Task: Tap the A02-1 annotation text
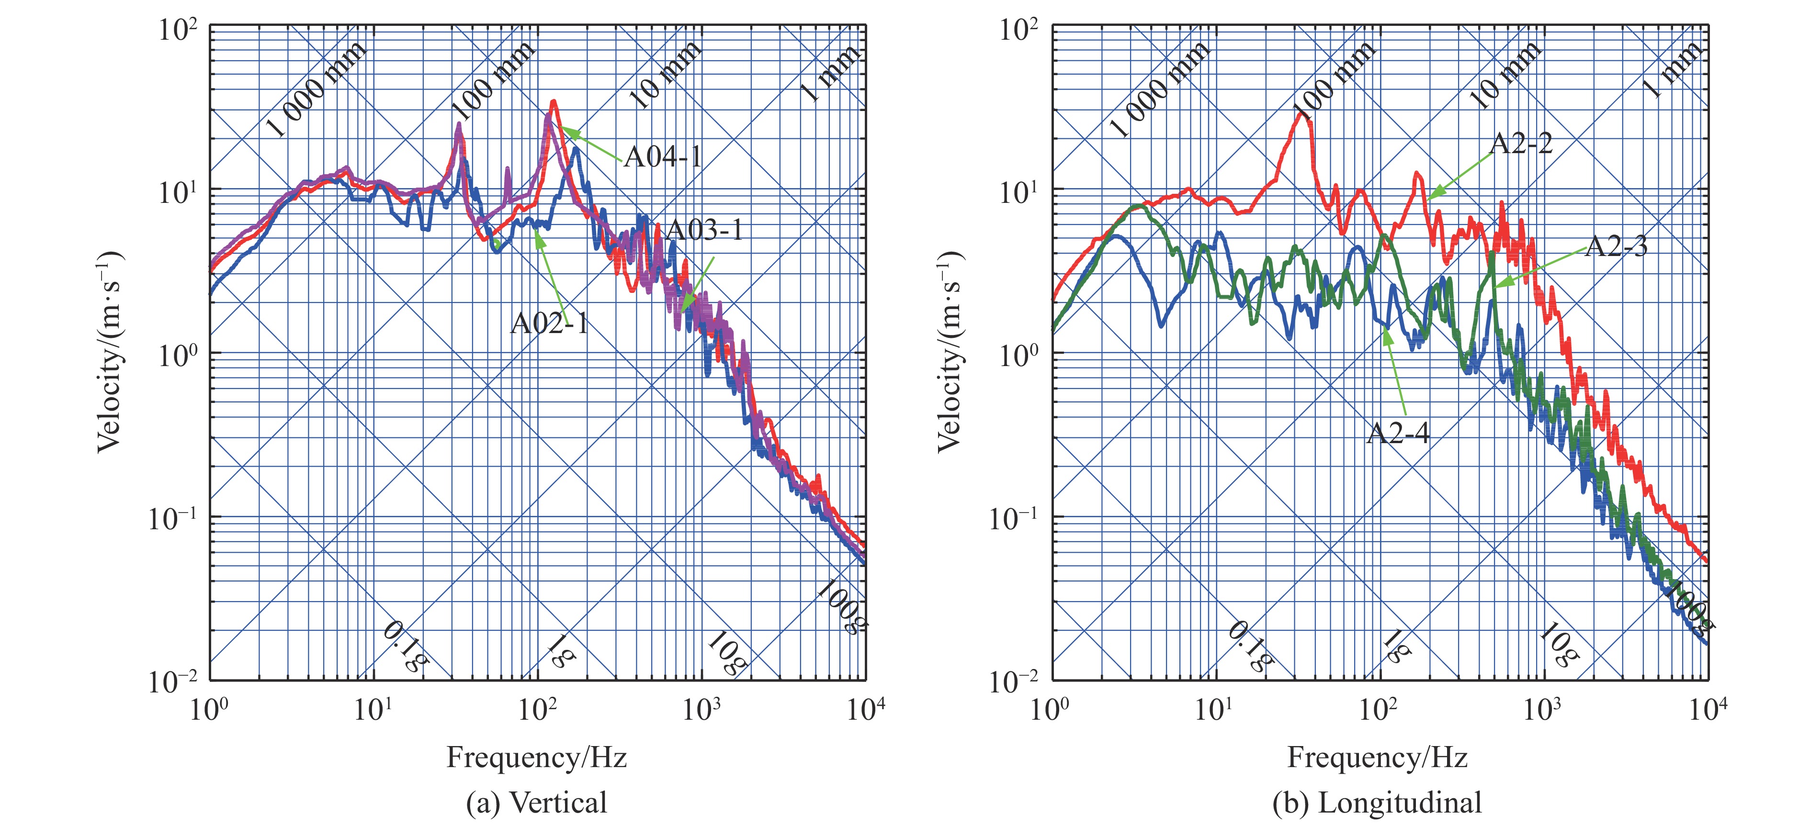pos(549,323)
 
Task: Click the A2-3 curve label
pos(1616,246)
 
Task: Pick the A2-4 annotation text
pos(1398,433)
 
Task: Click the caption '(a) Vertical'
pos(537,803)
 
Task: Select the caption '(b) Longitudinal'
pos(1377,803)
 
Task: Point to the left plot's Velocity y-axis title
pos(109,351)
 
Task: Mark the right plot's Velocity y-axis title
pos(950,351)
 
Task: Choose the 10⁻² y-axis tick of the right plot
pos(1014,681)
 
